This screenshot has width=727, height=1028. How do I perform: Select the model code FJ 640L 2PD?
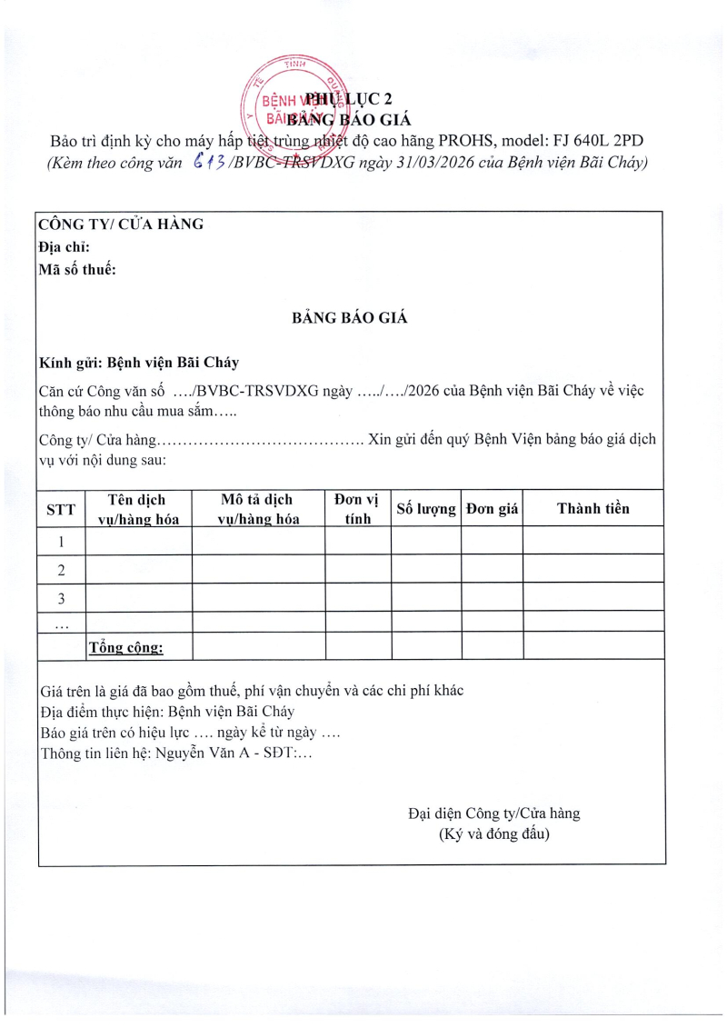coord(592,142)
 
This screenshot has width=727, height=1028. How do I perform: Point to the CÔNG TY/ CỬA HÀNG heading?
coord(121,225)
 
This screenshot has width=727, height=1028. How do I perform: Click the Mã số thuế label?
coord(77,268)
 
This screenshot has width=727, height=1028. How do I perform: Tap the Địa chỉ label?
coord(64,246)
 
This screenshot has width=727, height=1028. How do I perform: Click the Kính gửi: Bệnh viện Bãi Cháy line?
coord(139,362)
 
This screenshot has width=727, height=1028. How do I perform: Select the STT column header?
coord(61,509)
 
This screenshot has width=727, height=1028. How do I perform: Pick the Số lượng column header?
coord(426,509)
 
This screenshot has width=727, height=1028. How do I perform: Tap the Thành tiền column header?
coord(593,508)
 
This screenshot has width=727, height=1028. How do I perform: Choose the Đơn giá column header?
coord(492,509)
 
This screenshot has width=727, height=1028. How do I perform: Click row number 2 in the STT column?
coord(61,570)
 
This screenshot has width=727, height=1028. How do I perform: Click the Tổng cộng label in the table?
coord(125,647)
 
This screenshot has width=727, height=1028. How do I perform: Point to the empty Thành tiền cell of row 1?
coord(593,542)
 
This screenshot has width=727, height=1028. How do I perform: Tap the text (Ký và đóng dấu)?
coord(493,833)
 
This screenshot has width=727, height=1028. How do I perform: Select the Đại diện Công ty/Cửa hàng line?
coord(493,813)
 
